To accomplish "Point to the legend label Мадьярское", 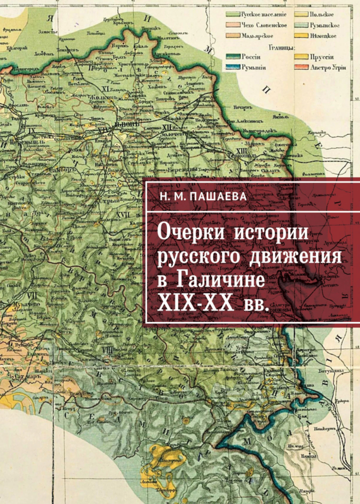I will click(x=259, y=36).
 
